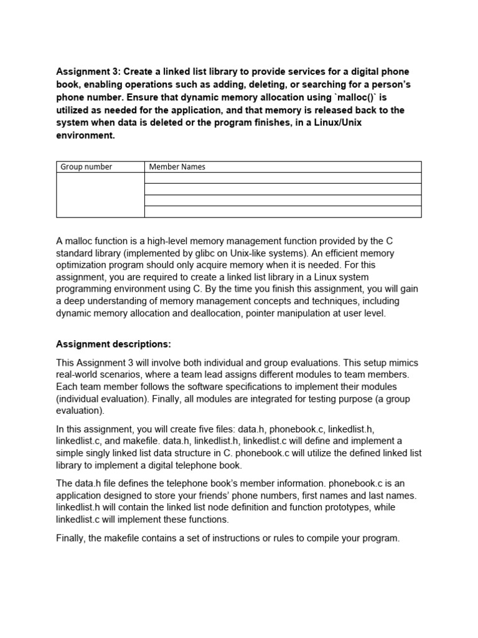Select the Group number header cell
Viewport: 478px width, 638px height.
[100, 167]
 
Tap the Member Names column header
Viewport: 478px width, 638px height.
[283, 167]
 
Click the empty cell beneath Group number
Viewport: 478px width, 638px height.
[100, 195]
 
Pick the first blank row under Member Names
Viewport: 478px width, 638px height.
[283, 178]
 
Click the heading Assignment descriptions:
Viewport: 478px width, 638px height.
[113, 344]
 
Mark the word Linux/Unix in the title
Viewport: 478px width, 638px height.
[337, 123]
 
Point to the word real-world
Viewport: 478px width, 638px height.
[82, 374]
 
